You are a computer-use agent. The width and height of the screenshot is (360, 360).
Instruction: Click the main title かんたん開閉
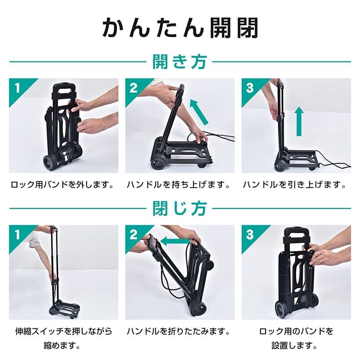pyautogui.click(x=180, y=28)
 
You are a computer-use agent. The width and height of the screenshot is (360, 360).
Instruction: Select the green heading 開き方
pyautogui.click(x=180, y=61)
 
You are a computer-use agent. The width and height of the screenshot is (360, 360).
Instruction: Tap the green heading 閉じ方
pyautogui.click(x=180, y=208)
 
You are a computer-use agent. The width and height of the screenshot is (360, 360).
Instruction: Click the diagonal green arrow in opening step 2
pyautogui.click(x=199, y=112)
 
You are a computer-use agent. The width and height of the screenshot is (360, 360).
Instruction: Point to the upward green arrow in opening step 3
pyautogui.click(x=299, y=121)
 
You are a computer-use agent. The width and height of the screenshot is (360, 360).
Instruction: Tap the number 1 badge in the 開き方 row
pyautogui.click(x=17, y=88)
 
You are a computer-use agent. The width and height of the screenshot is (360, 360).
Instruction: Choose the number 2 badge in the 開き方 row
pyautogui.click(x=133, y=88)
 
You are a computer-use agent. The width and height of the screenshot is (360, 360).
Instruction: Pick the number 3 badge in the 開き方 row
pyautogui.click(x=250, y=88)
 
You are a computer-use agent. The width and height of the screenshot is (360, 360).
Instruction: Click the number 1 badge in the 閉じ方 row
pyautogui.click(x=17, y=234)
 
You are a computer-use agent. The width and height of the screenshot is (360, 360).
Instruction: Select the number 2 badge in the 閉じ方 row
pyautogui.click(x=133, y=234)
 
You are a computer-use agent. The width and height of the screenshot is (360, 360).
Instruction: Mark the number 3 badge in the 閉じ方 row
pyautogui.click(x=250, y=234)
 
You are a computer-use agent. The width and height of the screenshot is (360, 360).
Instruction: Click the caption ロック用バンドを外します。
pyautogui.click(x=63, y=184)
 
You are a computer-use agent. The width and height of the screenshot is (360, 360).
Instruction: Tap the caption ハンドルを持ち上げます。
pyautogui.click(x=179, y=184)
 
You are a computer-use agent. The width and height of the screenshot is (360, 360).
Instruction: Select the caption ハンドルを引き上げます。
pyautogui.click(x=295, y=184)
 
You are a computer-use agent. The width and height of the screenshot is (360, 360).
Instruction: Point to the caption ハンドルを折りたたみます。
pyautogui.click(x=179, y=331)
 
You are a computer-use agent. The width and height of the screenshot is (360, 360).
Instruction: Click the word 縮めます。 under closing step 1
pyautogui.click(x=62, y=345)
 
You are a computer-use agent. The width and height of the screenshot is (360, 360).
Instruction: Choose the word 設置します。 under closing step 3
pyautogui.click(x=295, y=345)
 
